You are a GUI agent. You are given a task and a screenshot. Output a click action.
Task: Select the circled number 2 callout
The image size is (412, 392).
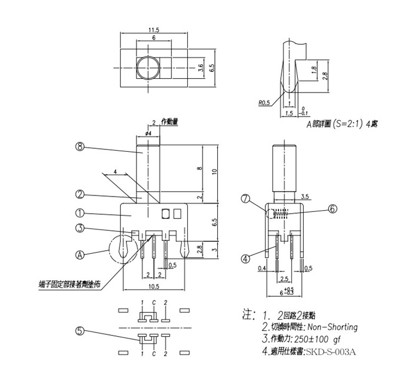81,194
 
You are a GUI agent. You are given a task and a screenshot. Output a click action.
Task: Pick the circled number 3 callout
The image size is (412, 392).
81,229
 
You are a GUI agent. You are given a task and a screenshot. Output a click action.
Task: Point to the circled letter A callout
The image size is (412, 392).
81,255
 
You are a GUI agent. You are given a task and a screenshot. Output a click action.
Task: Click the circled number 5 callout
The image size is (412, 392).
81,331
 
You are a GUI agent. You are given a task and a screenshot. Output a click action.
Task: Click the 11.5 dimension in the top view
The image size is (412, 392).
154,29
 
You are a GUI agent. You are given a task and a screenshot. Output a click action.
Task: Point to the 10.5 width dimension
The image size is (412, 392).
155,287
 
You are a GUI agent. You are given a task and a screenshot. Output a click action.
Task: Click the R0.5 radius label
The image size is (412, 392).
264,102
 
